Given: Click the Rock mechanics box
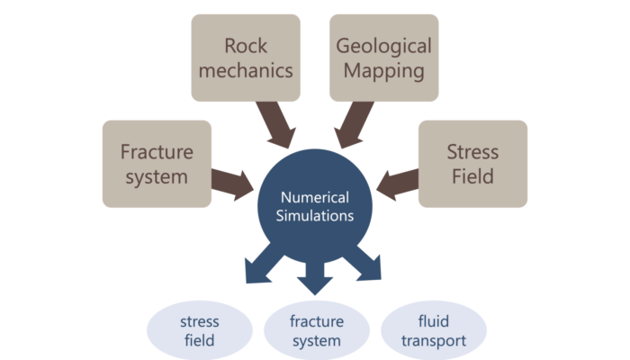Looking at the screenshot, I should (246, 57).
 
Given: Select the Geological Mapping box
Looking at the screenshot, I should (384, 57).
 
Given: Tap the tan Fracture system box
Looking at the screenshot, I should (157, 164).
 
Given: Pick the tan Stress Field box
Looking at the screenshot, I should (472, 164).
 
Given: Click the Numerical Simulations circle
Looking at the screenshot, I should (315, 206).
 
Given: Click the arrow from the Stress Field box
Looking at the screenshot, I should (397, 180).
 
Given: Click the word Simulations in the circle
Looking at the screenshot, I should (315, 216).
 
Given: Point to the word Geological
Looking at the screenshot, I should (384, 46).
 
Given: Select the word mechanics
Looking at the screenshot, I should (246, 69).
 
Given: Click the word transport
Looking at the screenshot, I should (435, 341).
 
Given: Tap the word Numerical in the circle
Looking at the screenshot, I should (315, 196).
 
